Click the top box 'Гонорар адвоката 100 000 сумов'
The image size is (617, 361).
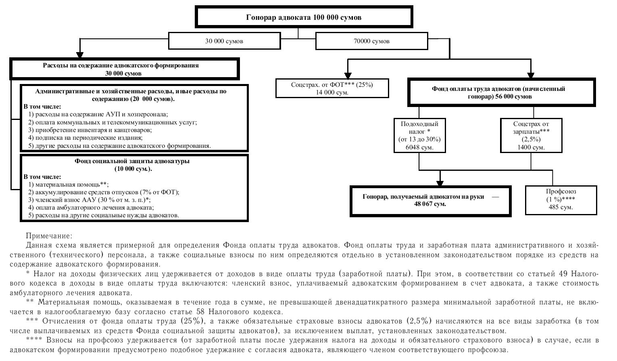click(x=304, y=17)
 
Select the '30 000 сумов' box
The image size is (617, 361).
click(x=224, y=41)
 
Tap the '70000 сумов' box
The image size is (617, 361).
click(x=371, y=41)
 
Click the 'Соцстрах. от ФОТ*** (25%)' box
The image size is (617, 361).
click(x=332, y=88)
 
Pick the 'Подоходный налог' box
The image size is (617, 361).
click(x=419, y=135)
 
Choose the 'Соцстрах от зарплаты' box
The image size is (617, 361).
click(x=531, y=135)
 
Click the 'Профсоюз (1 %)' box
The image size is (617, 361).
click(x=561, y=199)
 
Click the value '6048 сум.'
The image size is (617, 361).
click(x=419, y=147)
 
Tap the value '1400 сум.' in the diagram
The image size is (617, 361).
click(x=531, y=147)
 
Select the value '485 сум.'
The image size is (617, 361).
click(x=561, y=207)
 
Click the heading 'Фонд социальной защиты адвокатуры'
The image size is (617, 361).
click(x=132, y=161)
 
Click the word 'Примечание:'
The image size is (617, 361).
click(x=49, y=236)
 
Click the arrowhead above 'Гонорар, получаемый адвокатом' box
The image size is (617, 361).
click(x=440, y=182)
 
